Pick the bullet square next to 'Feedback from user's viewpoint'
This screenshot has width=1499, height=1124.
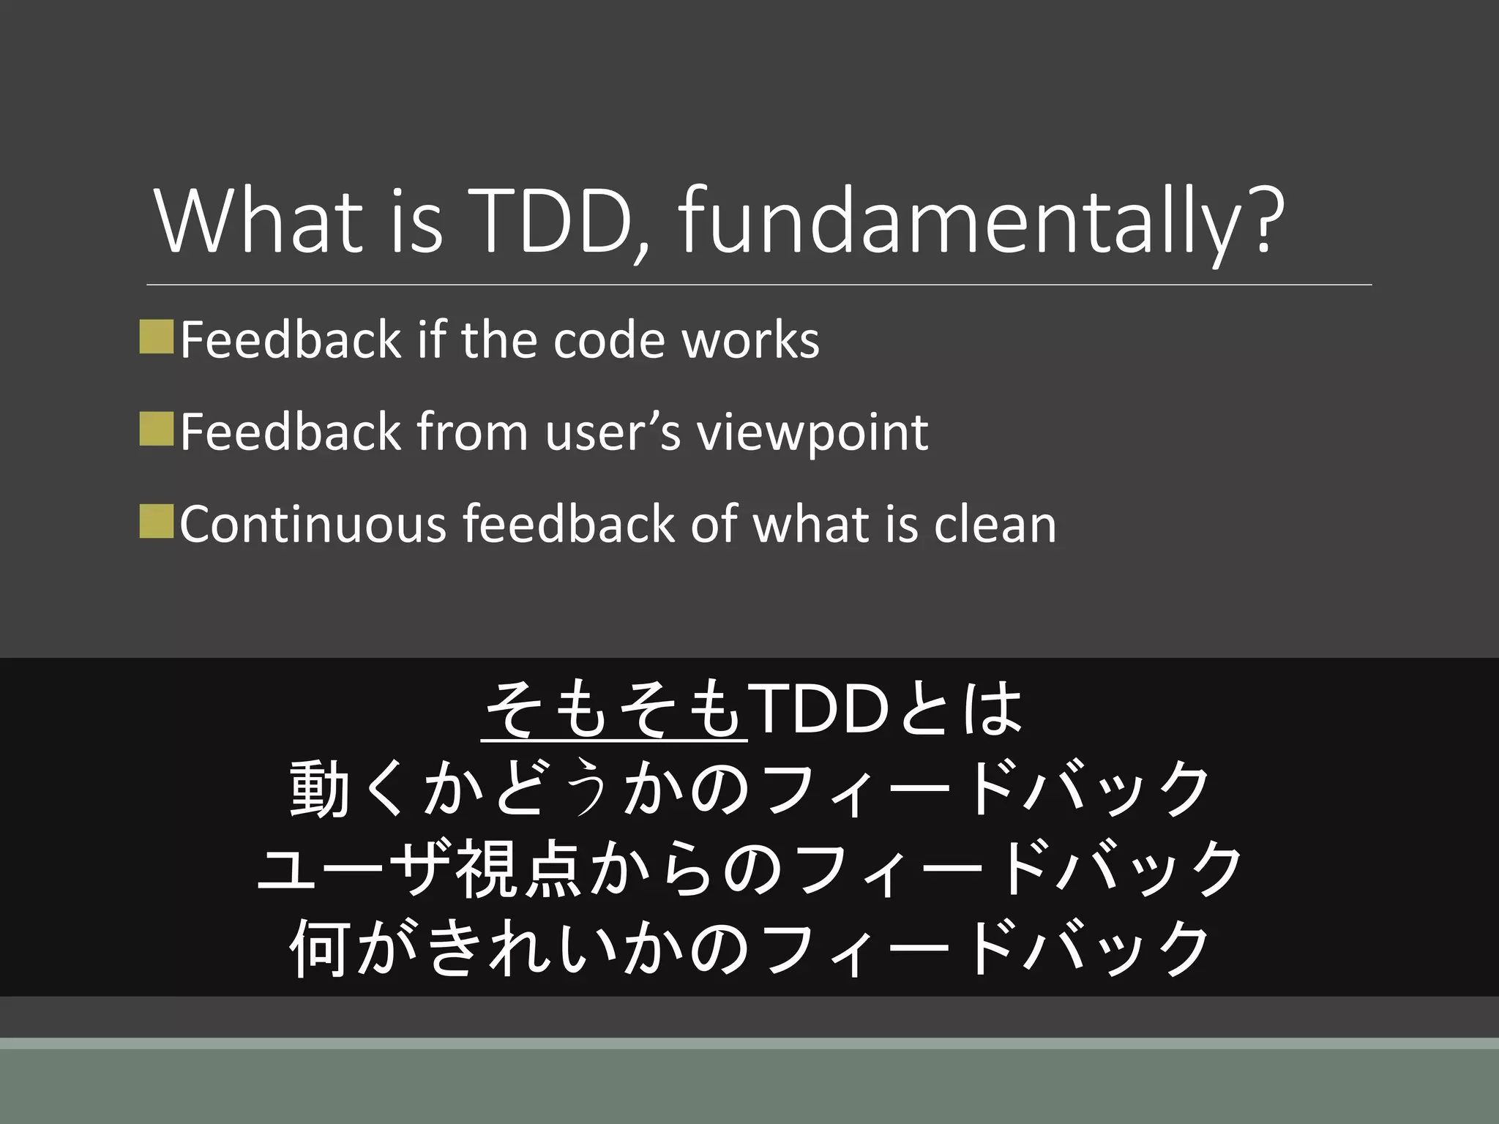pos(156,429)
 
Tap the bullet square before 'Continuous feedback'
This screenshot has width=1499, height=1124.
pos(156,520)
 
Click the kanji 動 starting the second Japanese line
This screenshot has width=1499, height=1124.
pos(319,789)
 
